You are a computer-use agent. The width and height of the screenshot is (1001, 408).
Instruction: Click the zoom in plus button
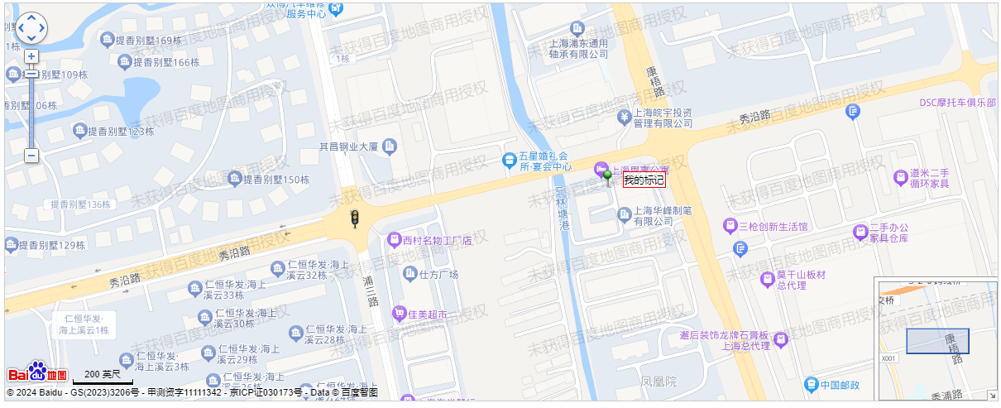point(31,56)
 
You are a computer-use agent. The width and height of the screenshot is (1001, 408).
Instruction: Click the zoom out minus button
point(31,155)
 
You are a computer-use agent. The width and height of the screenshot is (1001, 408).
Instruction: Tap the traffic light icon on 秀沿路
point(355,219)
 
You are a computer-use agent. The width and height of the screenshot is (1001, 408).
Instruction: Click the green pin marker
point(609,176)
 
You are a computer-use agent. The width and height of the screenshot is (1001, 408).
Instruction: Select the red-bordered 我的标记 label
point(644,180)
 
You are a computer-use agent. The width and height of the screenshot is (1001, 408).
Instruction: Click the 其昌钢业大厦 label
point(348,147)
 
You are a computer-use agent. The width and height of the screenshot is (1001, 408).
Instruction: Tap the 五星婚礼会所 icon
point(509,158)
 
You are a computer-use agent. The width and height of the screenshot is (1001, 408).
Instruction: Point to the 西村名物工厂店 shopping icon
point(395,240)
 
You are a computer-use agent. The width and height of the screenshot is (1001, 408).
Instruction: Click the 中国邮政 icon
point(812,384)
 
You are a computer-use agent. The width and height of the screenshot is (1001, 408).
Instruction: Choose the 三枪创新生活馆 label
point(773,226)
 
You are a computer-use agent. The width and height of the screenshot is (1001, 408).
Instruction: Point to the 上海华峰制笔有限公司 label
point(663,216)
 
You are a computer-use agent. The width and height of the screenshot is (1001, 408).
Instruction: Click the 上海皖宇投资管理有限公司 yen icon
point(624,117)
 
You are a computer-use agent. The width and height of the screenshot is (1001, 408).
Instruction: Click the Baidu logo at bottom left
point(37,372)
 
